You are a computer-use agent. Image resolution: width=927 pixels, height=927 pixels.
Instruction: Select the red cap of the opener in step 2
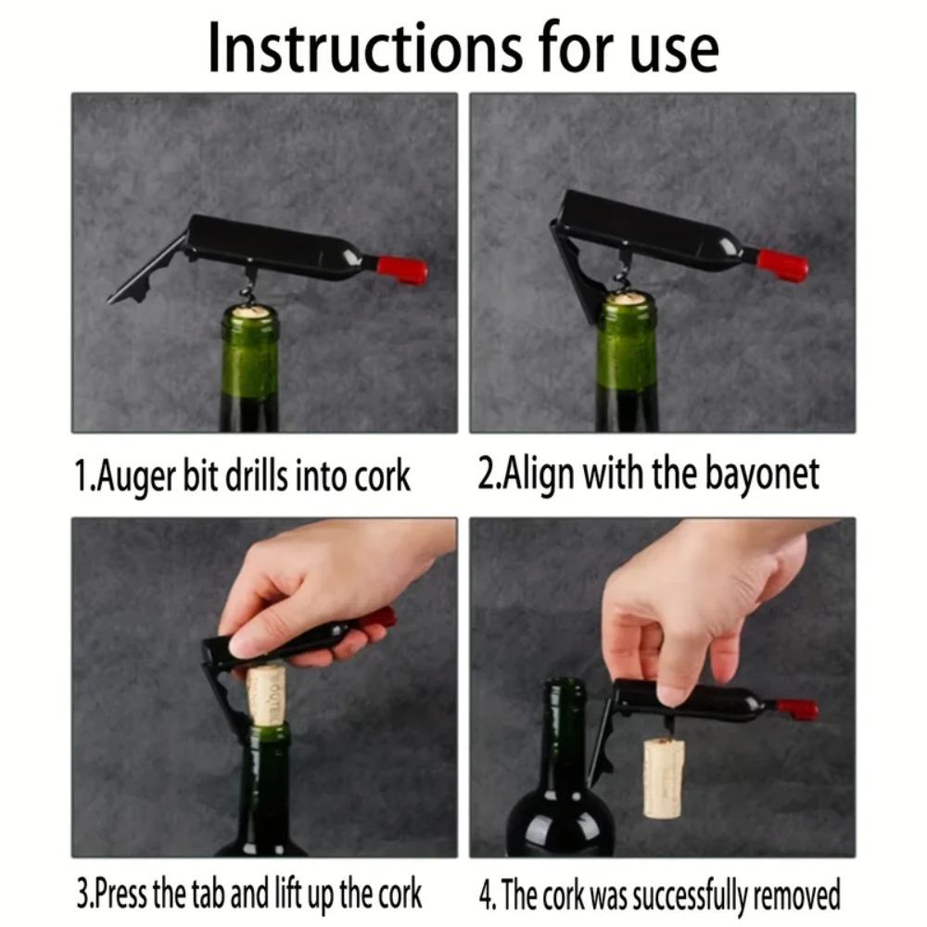[x=783, y=265]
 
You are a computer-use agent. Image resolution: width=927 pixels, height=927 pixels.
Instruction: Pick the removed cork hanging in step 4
[x=664, y=777]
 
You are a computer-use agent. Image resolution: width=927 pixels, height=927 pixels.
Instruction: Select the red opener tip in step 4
[x=797, y=709]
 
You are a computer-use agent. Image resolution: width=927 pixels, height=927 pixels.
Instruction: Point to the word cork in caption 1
[x=382, y=476]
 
